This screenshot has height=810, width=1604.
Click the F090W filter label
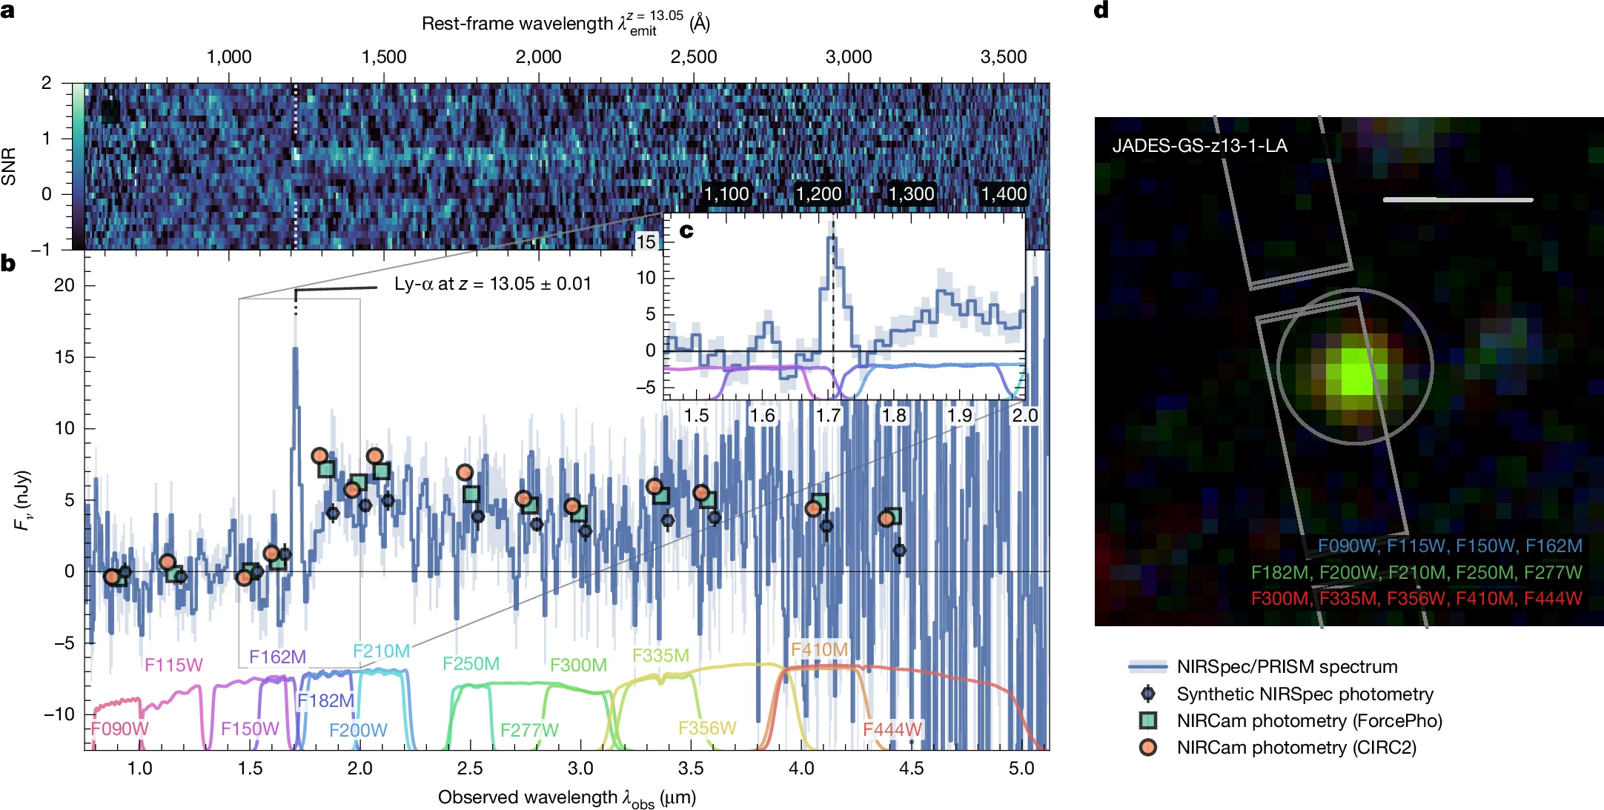(x=119, y=728)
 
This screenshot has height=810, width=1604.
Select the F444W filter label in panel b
(x=892, y=729)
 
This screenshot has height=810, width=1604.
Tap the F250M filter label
(x=471, y=663)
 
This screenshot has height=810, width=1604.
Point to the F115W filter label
(x=173, y=665)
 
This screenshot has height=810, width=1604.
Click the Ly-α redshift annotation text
(x=492, y=284)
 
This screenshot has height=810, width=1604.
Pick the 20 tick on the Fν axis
(x=64, y=285)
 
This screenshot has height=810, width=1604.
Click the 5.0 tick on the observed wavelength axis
(x=1021, y=768)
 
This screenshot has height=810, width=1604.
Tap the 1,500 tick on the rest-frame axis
(x=383, y=57)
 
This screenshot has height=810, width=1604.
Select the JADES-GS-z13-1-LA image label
(x=1199, y=145)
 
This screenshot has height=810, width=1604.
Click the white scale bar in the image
(x=1457, y=199)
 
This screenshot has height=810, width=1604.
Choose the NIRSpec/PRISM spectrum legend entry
(x=1287, y=667)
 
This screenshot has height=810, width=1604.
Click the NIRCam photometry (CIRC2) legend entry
(x=1296, y=748)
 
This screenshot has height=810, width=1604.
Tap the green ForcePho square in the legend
(x=1148, y=720)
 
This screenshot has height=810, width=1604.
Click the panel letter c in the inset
(x=686, y=231)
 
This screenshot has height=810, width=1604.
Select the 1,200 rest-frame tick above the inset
(x=818, y=194)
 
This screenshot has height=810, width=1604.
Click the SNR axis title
(x=9, y=166)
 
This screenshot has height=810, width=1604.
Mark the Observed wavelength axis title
(x=566, y=798)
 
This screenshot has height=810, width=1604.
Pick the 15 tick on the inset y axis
(x=646, y=242)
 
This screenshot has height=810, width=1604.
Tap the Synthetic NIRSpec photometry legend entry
(x=1305, y=694)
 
